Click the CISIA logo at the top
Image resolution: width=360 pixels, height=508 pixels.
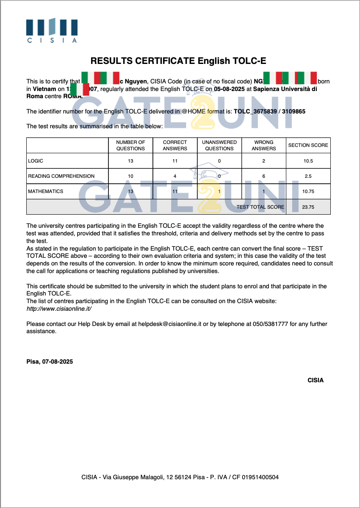[x=52, y=30]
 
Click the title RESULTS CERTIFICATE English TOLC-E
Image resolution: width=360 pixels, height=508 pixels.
[x=178, y=61]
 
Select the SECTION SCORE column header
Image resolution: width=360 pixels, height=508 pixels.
[x=308, y=145]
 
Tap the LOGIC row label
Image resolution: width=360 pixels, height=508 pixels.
[x=36, y=161]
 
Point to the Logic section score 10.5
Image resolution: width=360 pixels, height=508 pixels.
[x=308, y=161]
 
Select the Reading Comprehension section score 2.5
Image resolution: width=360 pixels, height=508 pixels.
[x=308, y=176]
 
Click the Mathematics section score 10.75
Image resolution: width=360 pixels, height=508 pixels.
[x=308, y=191]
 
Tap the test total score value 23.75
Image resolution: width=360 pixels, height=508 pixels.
[x=308, y=207]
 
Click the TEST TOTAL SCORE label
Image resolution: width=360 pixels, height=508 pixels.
[x=260, y=207]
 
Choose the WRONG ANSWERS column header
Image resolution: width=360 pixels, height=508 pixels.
[x=263, y=145]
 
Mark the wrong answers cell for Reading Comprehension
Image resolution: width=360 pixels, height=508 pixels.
[x=263, y=176]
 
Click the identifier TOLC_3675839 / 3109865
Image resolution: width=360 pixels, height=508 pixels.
[x=269, y=111]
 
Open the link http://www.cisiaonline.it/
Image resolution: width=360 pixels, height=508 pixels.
[x=59, y=309]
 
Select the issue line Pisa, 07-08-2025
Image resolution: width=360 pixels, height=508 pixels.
[x=50, y=362]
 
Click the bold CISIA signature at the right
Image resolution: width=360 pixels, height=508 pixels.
[x=315, y=380]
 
